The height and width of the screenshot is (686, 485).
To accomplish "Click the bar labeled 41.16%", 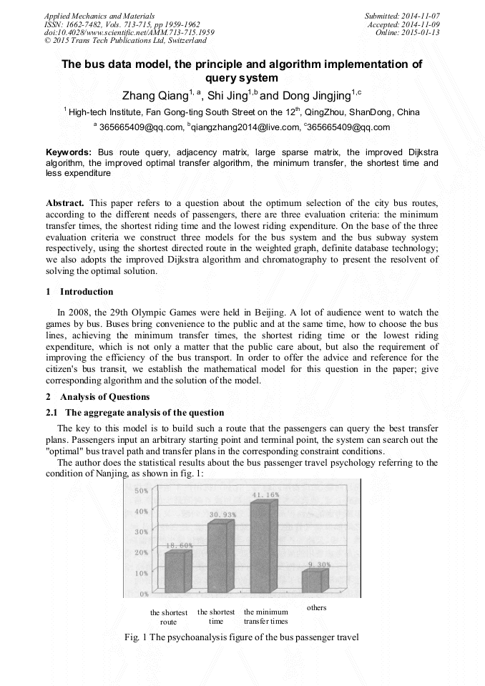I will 260,547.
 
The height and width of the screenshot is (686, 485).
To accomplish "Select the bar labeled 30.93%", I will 219,557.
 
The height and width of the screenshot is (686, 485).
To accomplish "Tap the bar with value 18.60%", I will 175,572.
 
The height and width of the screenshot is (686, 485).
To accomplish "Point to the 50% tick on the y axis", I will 142,491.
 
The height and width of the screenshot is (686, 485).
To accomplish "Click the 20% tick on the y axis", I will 142,552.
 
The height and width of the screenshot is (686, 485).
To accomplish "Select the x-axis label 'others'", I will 316,607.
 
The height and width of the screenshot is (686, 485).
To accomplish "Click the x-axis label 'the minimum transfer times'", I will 265,617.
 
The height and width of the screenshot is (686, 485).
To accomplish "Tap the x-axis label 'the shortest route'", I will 169,617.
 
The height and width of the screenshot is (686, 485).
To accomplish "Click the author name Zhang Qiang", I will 152,95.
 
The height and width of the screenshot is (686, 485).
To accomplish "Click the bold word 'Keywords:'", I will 69,153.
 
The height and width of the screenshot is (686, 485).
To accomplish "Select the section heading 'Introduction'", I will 86,292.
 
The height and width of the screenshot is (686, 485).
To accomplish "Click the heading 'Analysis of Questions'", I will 104,397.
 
